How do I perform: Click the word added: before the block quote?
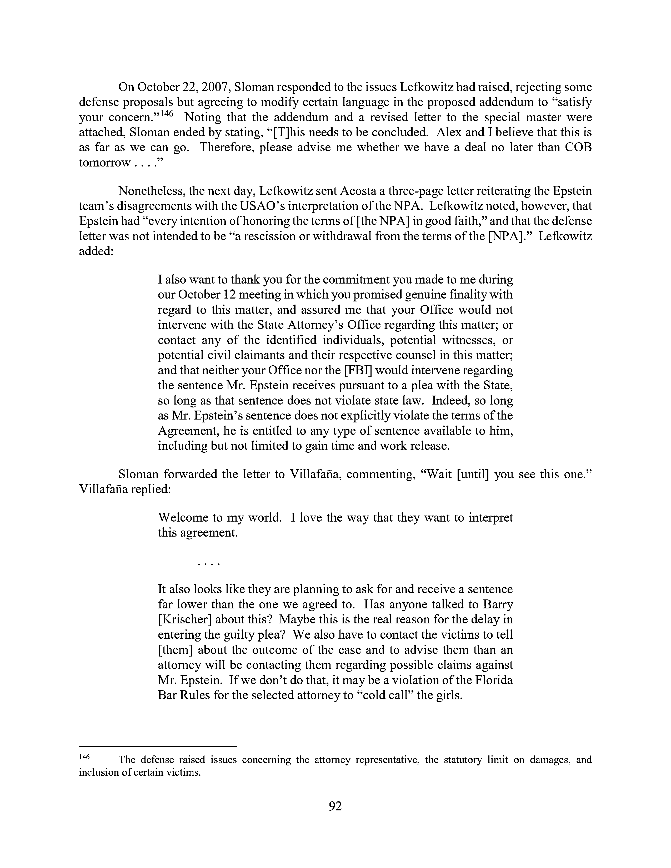(x=96, y=251)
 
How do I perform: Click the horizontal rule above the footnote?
(x=158, y=746)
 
